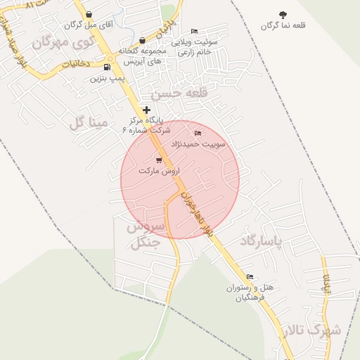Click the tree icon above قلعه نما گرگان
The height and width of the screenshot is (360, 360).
coord(283,15)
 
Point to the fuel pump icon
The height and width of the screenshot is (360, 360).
coord(106,67)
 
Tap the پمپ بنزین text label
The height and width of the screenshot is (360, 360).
coord(105,78)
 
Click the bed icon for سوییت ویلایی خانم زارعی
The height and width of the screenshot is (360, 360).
coord(195,32)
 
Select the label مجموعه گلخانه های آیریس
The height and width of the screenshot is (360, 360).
coord(141,56)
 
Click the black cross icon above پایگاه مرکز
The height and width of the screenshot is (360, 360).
coord(146,110)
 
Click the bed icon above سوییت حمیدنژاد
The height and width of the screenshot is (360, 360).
coord(198,134)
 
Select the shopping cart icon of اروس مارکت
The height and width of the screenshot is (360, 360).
coord(159,160)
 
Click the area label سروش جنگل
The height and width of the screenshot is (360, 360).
coord(145,236)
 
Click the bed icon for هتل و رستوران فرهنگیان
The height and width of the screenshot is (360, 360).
coord(250,277)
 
